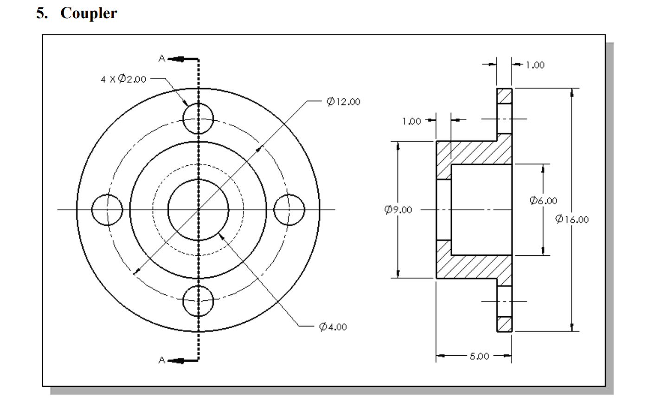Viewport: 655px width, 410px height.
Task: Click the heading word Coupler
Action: (89, 13)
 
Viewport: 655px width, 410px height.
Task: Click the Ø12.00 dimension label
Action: (343, 102)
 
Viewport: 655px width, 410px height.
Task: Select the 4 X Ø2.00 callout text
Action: (123, 79)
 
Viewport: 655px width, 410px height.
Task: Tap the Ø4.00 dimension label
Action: (333, 327)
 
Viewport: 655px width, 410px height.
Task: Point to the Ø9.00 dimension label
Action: (398, 210)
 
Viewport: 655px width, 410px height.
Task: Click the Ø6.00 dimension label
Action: (543, 201)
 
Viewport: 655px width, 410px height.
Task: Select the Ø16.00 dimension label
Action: (572, 219)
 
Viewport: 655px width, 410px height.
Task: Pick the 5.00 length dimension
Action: (479, 356)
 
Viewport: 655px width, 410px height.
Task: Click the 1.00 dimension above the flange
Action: (535, 65)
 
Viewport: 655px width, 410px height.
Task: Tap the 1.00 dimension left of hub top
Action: (411, 121)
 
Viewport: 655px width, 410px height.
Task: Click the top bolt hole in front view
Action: (198, 119)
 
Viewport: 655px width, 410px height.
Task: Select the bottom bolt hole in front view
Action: (198, 301)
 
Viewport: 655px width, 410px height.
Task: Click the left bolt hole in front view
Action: (107, 210)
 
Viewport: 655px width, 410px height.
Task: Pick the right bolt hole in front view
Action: (289, 210)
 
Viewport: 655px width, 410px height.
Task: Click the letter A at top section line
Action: (161, 59)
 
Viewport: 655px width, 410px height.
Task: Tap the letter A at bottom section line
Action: (161, 360)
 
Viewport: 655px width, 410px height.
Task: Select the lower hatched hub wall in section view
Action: (469, 267)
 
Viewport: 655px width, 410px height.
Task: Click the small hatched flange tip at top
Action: (504, 96)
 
